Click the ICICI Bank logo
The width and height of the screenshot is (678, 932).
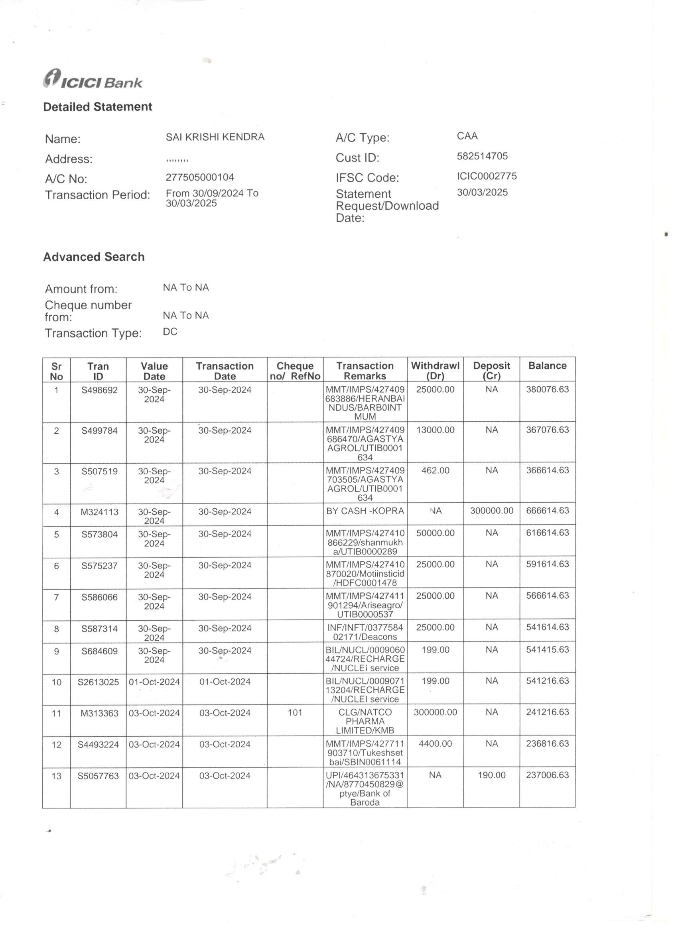pos(93,79)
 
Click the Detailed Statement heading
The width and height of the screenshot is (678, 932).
pos(97,107)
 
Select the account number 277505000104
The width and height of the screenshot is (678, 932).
pos(200,177)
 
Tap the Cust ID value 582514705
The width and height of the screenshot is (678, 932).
pos(482,156)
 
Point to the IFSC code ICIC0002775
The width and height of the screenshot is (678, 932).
pos(487,176)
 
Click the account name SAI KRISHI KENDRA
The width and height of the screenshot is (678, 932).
pos(215,137)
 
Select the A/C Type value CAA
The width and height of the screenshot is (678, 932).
pos(467,136)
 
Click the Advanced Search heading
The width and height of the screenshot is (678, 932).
pos(94,257)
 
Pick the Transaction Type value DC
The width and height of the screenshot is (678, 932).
pos(170,332)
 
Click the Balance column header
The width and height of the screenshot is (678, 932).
pos(547,366)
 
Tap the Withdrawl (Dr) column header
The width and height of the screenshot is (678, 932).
pos(435,370)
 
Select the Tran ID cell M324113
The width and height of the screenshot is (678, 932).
pos(99,512)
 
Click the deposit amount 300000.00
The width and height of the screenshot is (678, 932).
pos(491,511)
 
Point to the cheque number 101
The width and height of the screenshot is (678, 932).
pos(295,713)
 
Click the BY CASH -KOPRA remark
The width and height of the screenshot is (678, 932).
pos(365,511)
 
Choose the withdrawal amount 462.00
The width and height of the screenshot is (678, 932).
pos(435,470)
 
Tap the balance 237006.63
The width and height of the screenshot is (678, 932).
pos(547,775)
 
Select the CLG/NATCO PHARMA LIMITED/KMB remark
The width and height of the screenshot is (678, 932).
pos(365,721)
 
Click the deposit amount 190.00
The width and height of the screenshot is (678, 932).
pos(491,775)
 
